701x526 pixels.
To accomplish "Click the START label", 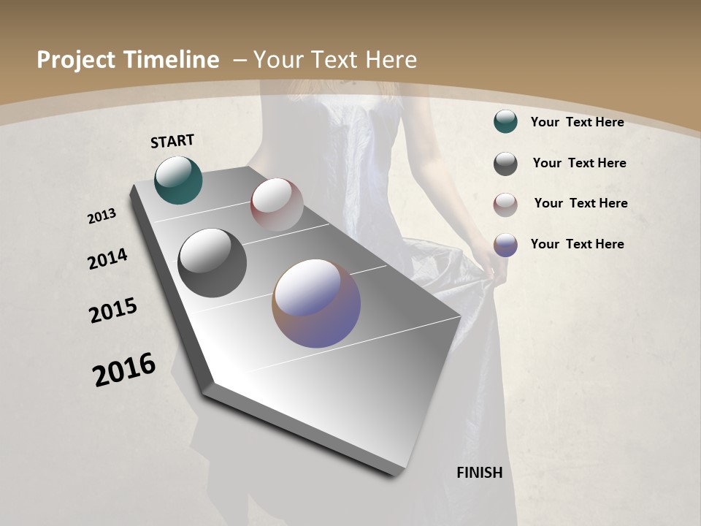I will (172, 141).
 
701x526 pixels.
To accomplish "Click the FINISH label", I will (479, 473).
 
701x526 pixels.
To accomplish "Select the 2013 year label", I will (102, 216).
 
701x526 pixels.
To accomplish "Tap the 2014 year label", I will (107, 259).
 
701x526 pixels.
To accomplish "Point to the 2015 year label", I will (113, 310).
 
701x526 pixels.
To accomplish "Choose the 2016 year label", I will (124, 370).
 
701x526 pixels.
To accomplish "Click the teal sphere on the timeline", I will (178, 180).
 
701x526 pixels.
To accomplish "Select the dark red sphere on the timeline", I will (277, 205).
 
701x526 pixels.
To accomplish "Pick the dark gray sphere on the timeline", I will (212, 262).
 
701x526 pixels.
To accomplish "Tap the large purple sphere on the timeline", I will (316, 303).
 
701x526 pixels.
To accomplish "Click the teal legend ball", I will (505, 121).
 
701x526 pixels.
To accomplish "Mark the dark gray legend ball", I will (505, 164).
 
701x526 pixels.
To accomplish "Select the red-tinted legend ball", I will (505, 205).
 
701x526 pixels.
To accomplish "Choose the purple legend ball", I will (505, 245).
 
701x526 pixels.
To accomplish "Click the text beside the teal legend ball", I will (577, 122).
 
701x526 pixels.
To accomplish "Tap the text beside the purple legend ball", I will (577, 244).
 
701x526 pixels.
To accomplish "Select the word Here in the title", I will (390, 60).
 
